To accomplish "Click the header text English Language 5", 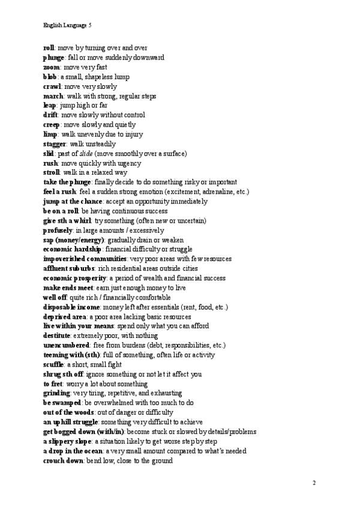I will (67, 25).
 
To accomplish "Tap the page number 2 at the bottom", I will (314, 483).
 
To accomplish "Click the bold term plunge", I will (53, 58).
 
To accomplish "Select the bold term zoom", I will (52, 67).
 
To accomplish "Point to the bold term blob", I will (50, 77).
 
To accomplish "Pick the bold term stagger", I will (55, 144).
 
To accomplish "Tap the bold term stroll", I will (52, 173).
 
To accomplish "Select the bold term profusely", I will (58, 230).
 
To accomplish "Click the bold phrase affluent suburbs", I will (69, 269).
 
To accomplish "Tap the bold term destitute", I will (56, 336).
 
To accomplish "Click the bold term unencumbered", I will (66, 346).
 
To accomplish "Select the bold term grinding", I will (56, 394).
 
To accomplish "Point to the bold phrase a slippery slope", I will (67, 442).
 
